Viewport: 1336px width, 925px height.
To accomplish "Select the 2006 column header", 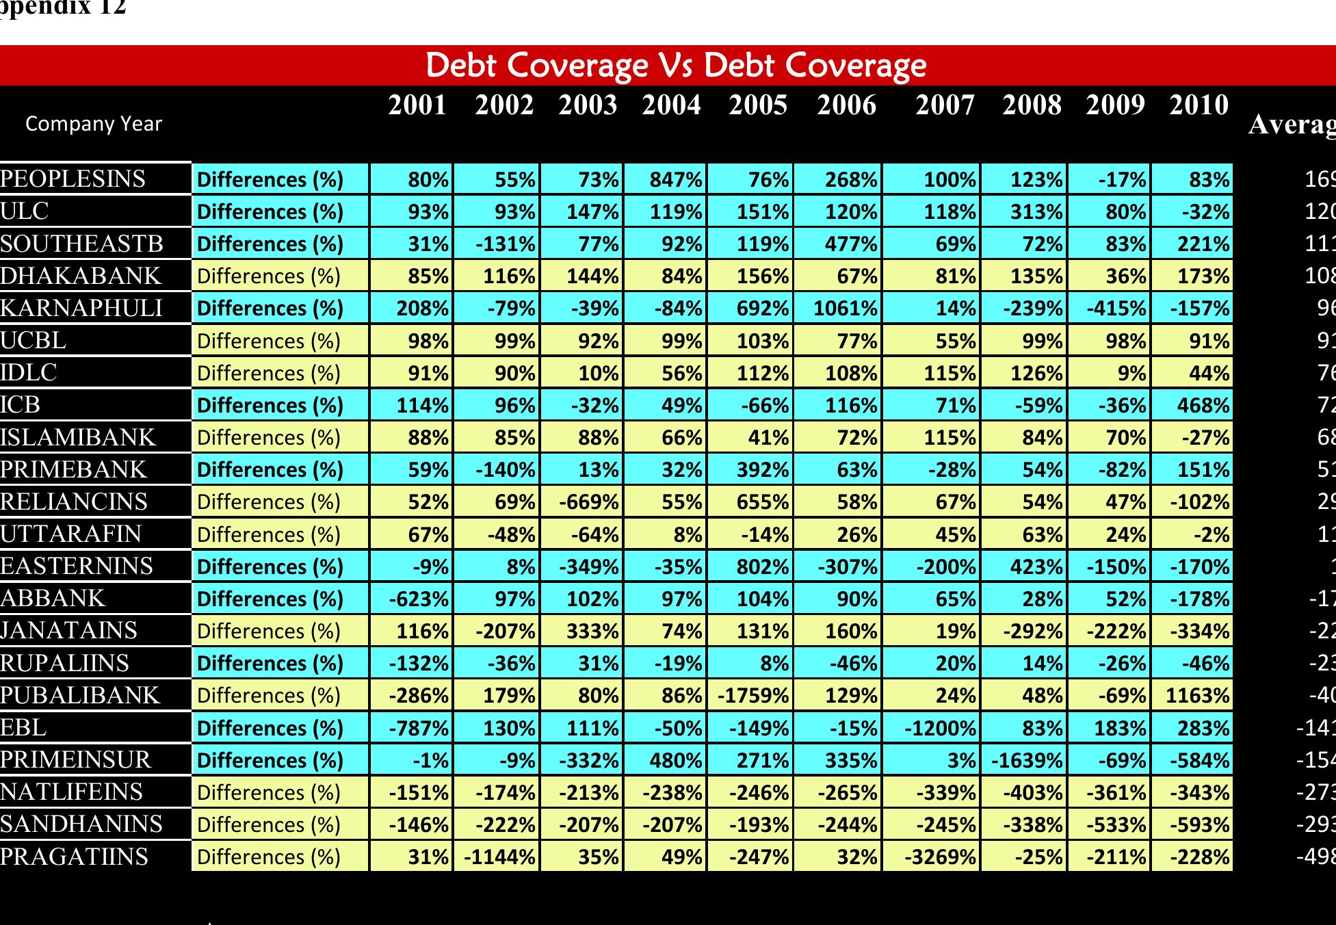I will click(846, 105).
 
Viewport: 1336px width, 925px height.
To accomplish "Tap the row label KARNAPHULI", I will click(81, 309).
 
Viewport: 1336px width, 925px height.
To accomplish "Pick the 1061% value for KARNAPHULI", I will click(845, 309).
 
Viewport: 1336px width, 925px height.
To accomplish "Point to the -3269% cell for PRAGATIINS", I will click(940, 857).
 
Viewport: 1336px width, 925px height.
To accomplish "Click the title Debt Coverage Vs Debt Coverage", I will click(676, 66).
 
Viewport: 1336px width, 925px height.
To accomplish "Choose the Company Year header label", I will click(94, 124).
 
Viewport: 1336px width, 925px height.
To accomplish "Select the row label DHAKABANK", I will click(81, 276).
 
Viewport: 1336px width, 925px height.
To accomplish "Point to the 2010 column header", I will click(1199, 105).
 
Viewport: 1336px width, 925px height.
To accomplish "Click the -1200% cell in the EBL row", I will click(940, 728).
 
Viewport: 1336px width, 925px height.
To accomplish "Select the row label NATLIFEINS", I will click(72, 792).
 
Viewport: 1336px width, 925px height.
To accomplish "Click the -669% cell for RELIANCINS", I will click(589, 502).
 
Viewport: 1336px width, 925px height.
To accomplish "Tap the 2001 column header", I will click(417, 105).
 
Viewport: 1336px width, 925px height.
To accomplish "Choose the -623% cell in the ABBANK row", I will click(419, 599).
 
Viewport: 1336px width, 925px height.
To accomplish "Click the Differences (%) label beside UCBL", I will click(269, 341).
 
